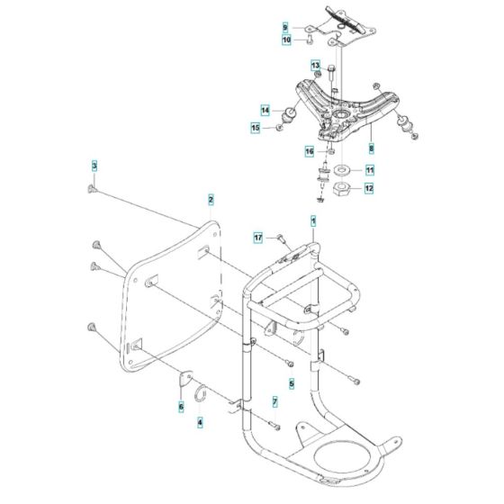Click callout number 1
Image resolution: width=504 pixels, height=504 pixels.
click(313, 220)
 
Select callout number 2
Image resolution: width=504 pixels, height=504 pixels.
click(211, 199)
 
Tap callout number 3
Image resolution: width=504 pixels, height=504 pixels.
click(93, 166)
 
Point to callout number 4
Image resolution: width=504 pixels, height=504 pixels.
click(200, 421)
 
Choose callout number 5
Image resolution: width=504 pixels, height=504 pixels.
click(291, 382)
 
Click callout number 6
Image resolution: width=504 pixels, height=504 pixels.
click(181, 408)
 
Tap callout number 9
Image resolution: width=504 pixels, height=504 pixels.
click(285, 28)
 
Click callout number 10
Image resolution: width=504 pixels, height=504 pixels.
click(285, 40)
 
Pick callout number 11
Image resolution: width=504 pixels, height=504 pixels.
click(369, 170)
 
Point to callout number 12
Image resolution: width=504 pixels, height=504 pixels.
click(369, 189)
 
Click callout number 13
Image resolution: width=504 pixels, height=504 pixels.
click(316, 66)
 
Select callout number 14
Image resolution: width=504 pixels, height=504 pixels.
click(265, 111)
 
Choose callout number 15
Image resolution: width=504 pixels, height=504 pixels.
click(255, 130)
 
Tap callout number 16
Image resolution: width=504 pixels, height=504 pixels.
click(309, 151)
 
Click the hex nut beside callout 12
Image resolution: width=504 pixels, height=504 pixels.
click(343, 189)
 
